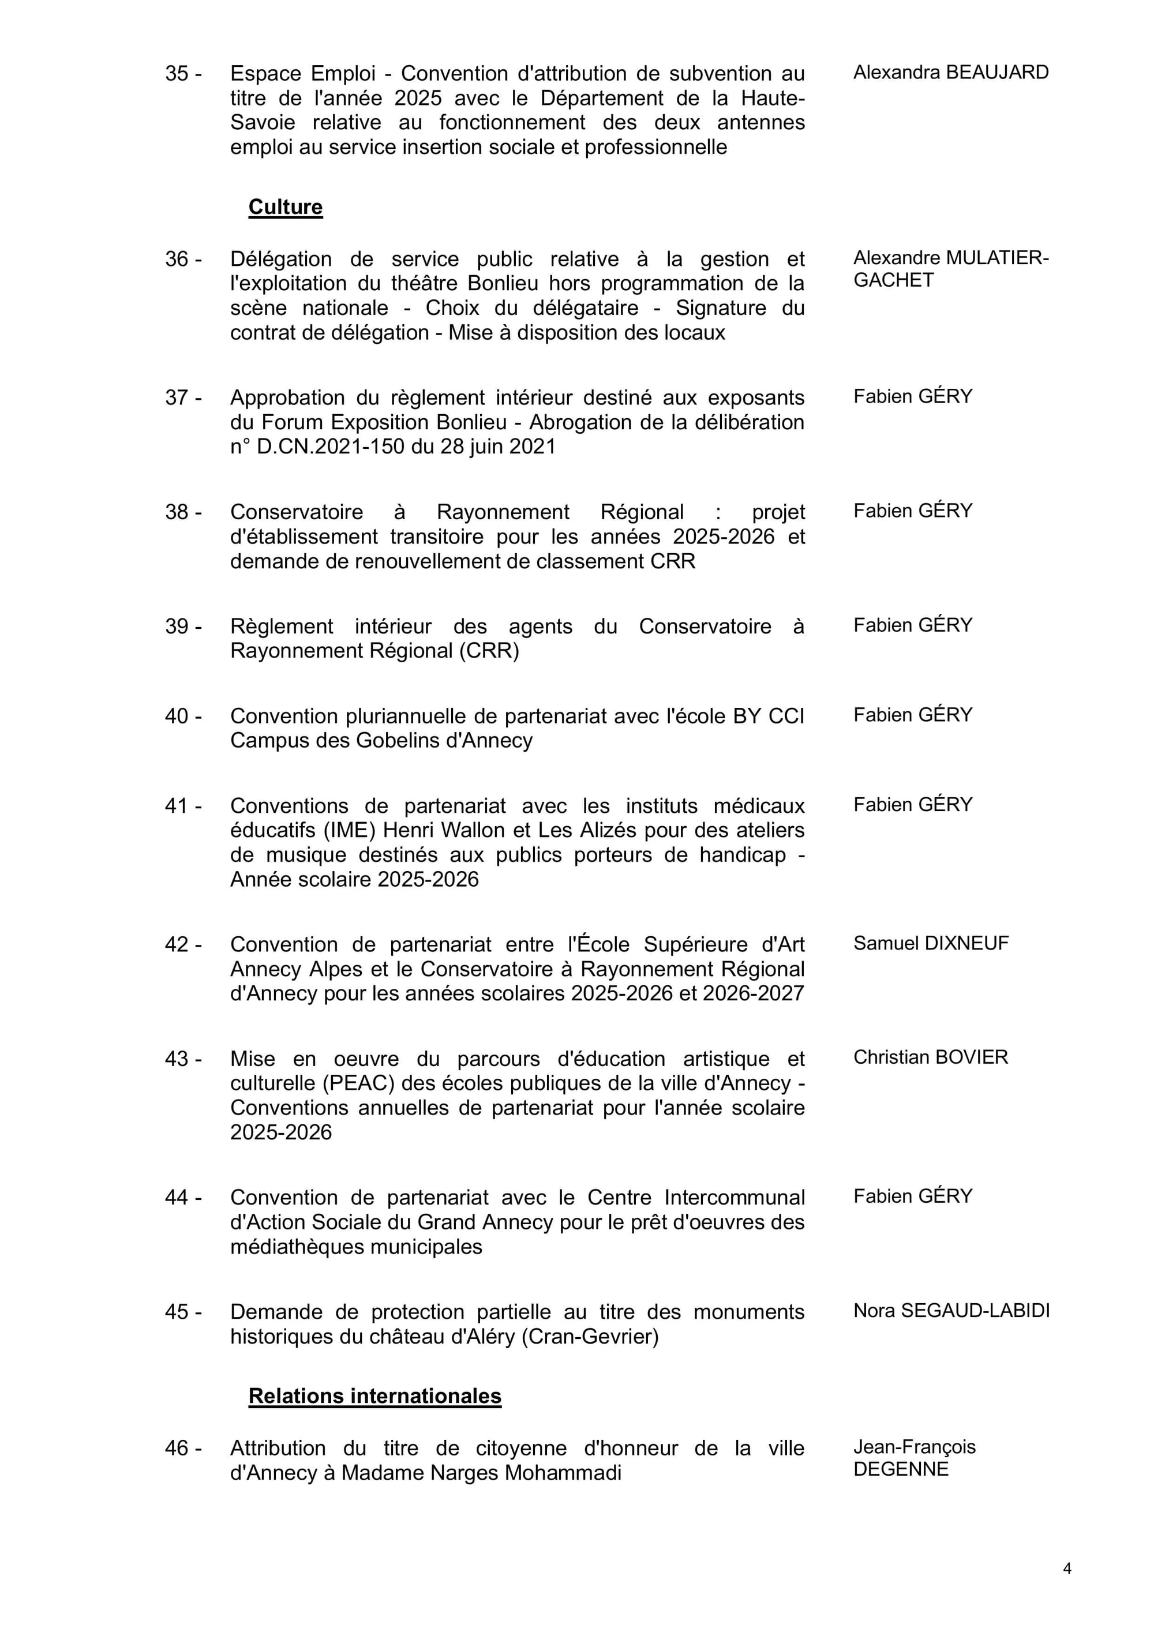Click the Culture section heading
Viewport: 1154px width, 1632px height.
pos(285,207)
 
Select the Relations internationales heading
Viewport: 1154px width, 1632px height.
pos(374,1395)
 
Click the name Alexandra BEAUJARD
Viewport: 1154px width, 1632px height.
pos(951,73)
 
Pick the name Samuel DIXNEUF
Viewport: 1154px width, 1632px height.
pos(931,943)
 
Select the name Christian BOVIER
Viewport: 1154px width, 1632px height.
pos(930,1057)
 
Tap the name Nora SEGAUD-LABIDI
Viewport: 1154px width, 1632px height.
pos(951,1310)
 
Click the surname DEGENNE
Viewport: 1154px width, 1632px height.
pos(901,1469)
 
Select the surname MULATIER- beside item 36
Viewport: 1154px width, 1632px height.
pos(998,258)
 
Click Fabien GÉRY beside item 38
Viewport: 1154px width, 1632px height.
pos(912,511)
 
